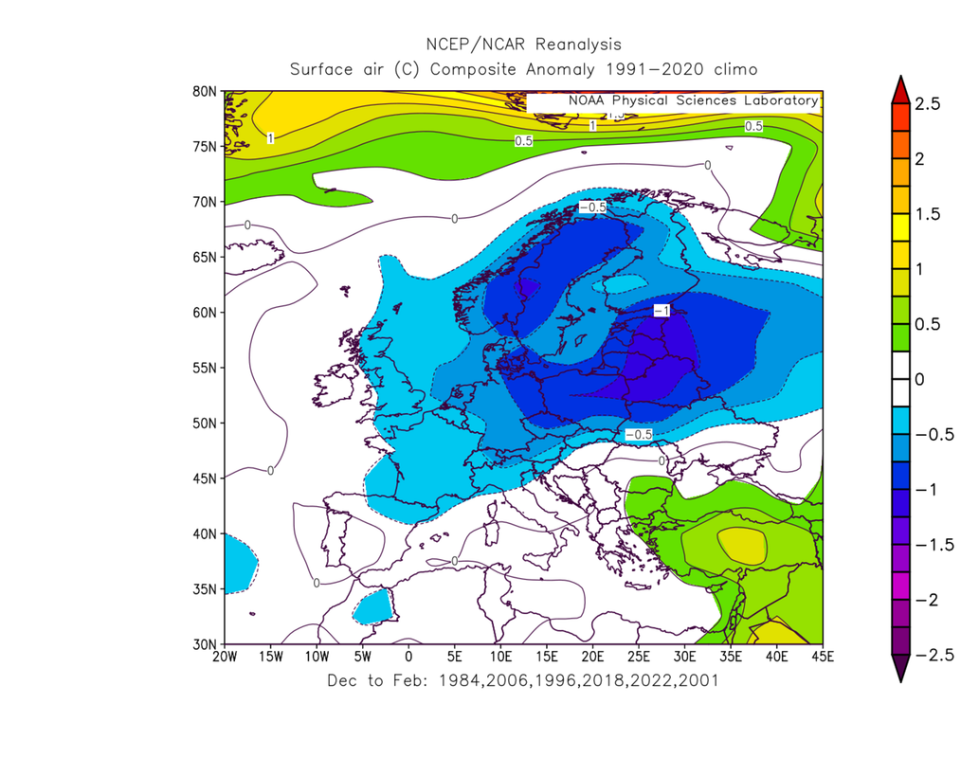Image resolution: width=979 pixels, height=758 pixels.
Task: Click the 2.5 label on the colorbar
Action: (927, 104)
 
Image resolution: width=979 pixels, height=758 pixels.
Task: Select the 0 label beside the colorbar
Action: (918, 379)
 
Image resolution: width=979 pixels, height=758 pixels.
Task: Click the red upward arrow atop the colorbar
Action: (900, 90)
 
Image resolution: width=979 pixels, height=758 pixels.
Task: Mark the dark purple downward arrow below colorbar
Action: (900, 668)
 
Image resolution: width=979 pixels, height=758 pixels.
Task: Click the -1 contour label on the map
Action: (662, 311)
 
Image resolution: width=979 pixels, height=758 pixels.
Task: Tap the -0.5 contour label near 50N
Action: (638, 434)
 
